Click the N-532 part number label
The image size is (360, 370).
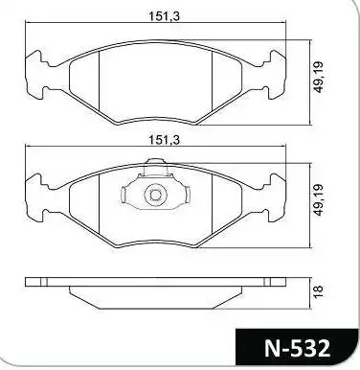click(299, 343)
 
